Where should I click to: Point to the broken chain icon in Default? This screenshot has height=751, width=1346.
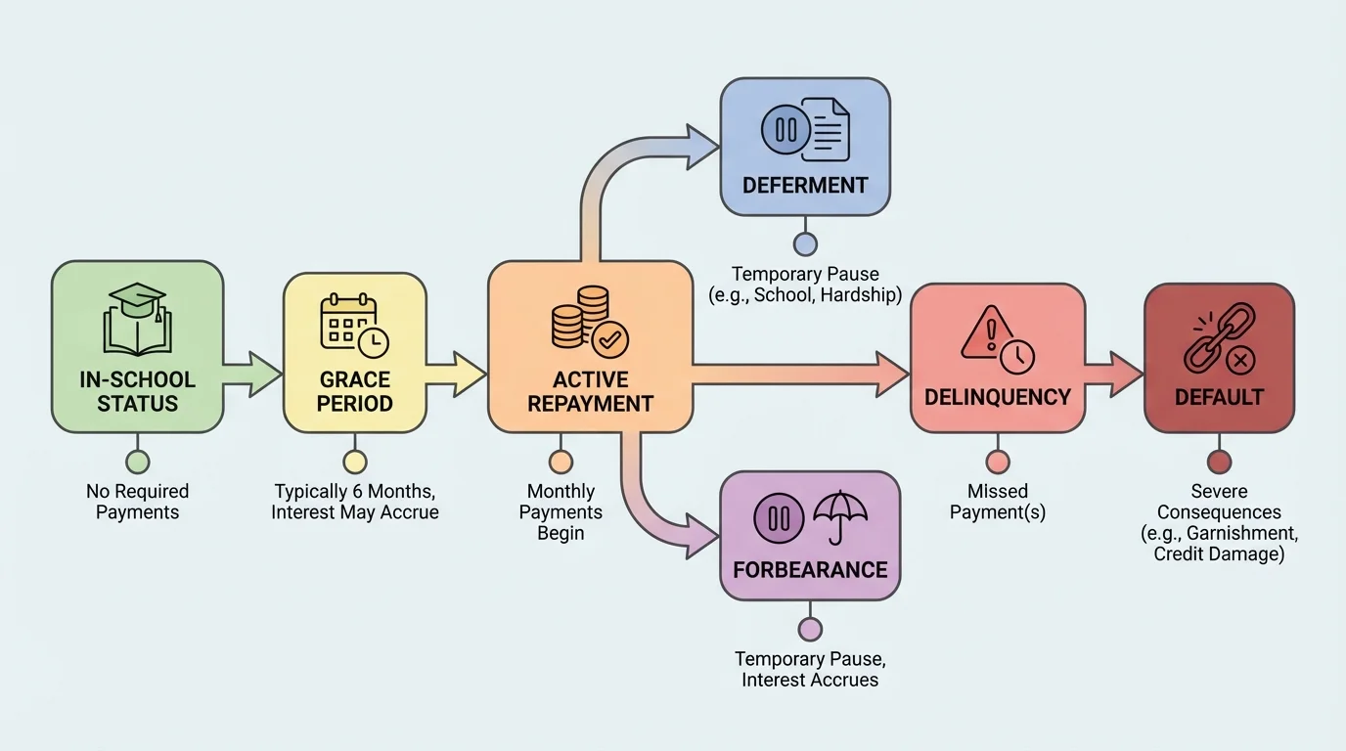pos(1219,342)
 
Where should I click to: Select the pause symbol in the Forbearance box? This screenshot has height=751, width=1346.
pos(779,517)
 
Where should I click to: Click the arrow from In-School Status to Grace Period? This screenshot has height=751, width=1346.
pos(253,375)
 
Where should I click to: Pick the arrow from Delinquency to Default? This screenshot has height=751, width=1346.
pos(1115,374)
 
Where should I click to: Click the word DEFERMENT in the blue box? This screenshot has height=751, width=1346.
pos(805,185)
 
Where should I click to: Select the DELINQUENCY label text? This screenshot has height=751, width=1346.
pos(998,397)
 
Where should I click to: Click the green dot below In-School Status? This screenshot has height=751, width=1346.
pos(138,462)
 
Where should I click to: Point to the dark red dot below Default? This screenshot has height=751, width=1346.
pos(1219,462)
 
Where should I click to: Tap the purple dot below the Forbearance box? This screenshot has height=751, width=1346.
pos(810,629)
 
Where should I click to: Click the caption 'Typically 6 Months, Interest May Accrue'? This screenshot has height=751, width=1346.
pos(355,502)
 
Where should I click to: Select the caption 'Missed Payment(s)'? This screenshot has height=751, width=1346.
pos(998,502)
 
